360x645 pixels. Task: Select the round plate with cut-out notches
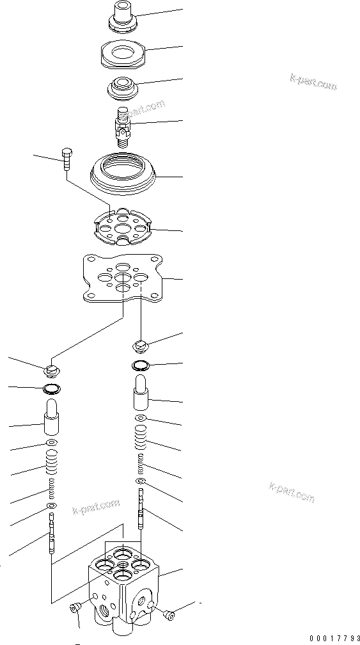point(121,228)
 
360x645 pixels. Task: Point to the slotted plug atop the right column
point(142,346)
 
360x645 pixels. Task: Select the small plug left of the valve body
point(76,609)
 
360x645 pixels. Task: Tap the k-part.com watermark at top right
point(313,82)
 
